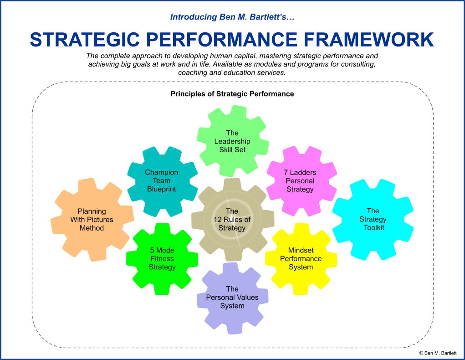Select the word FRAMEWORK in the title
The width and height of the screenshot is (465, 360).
[x=368, y=40]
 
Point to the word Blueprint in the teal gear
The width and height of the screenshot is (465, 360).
[x=162, y=189]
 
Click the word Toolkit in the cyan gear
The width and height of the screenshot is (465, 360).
[x=374, y=227]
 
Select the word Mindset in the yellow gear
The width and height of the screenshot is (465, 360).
[x=301, y=250]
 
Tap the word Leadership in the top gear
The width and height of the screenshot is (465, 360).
[x=232, y=141]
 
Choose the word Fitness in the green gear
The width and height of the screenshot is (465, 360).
[x=162, y=258]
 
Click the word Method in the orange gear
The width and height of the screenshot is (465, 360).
[x=92, y=228]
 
